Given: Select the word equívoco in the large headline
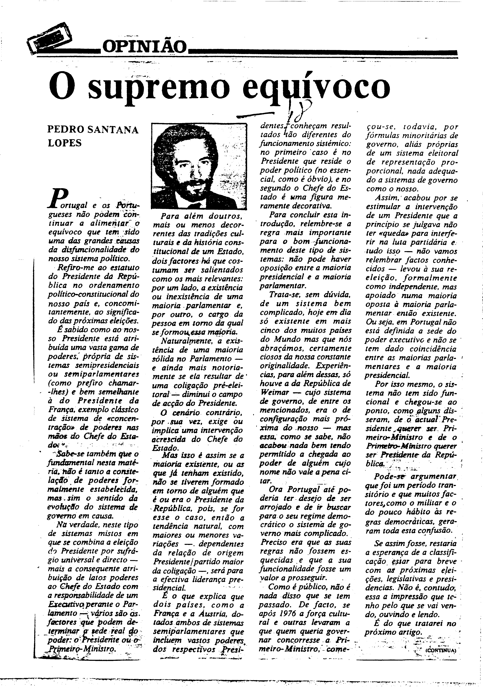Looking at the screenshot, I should [316, 87].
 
